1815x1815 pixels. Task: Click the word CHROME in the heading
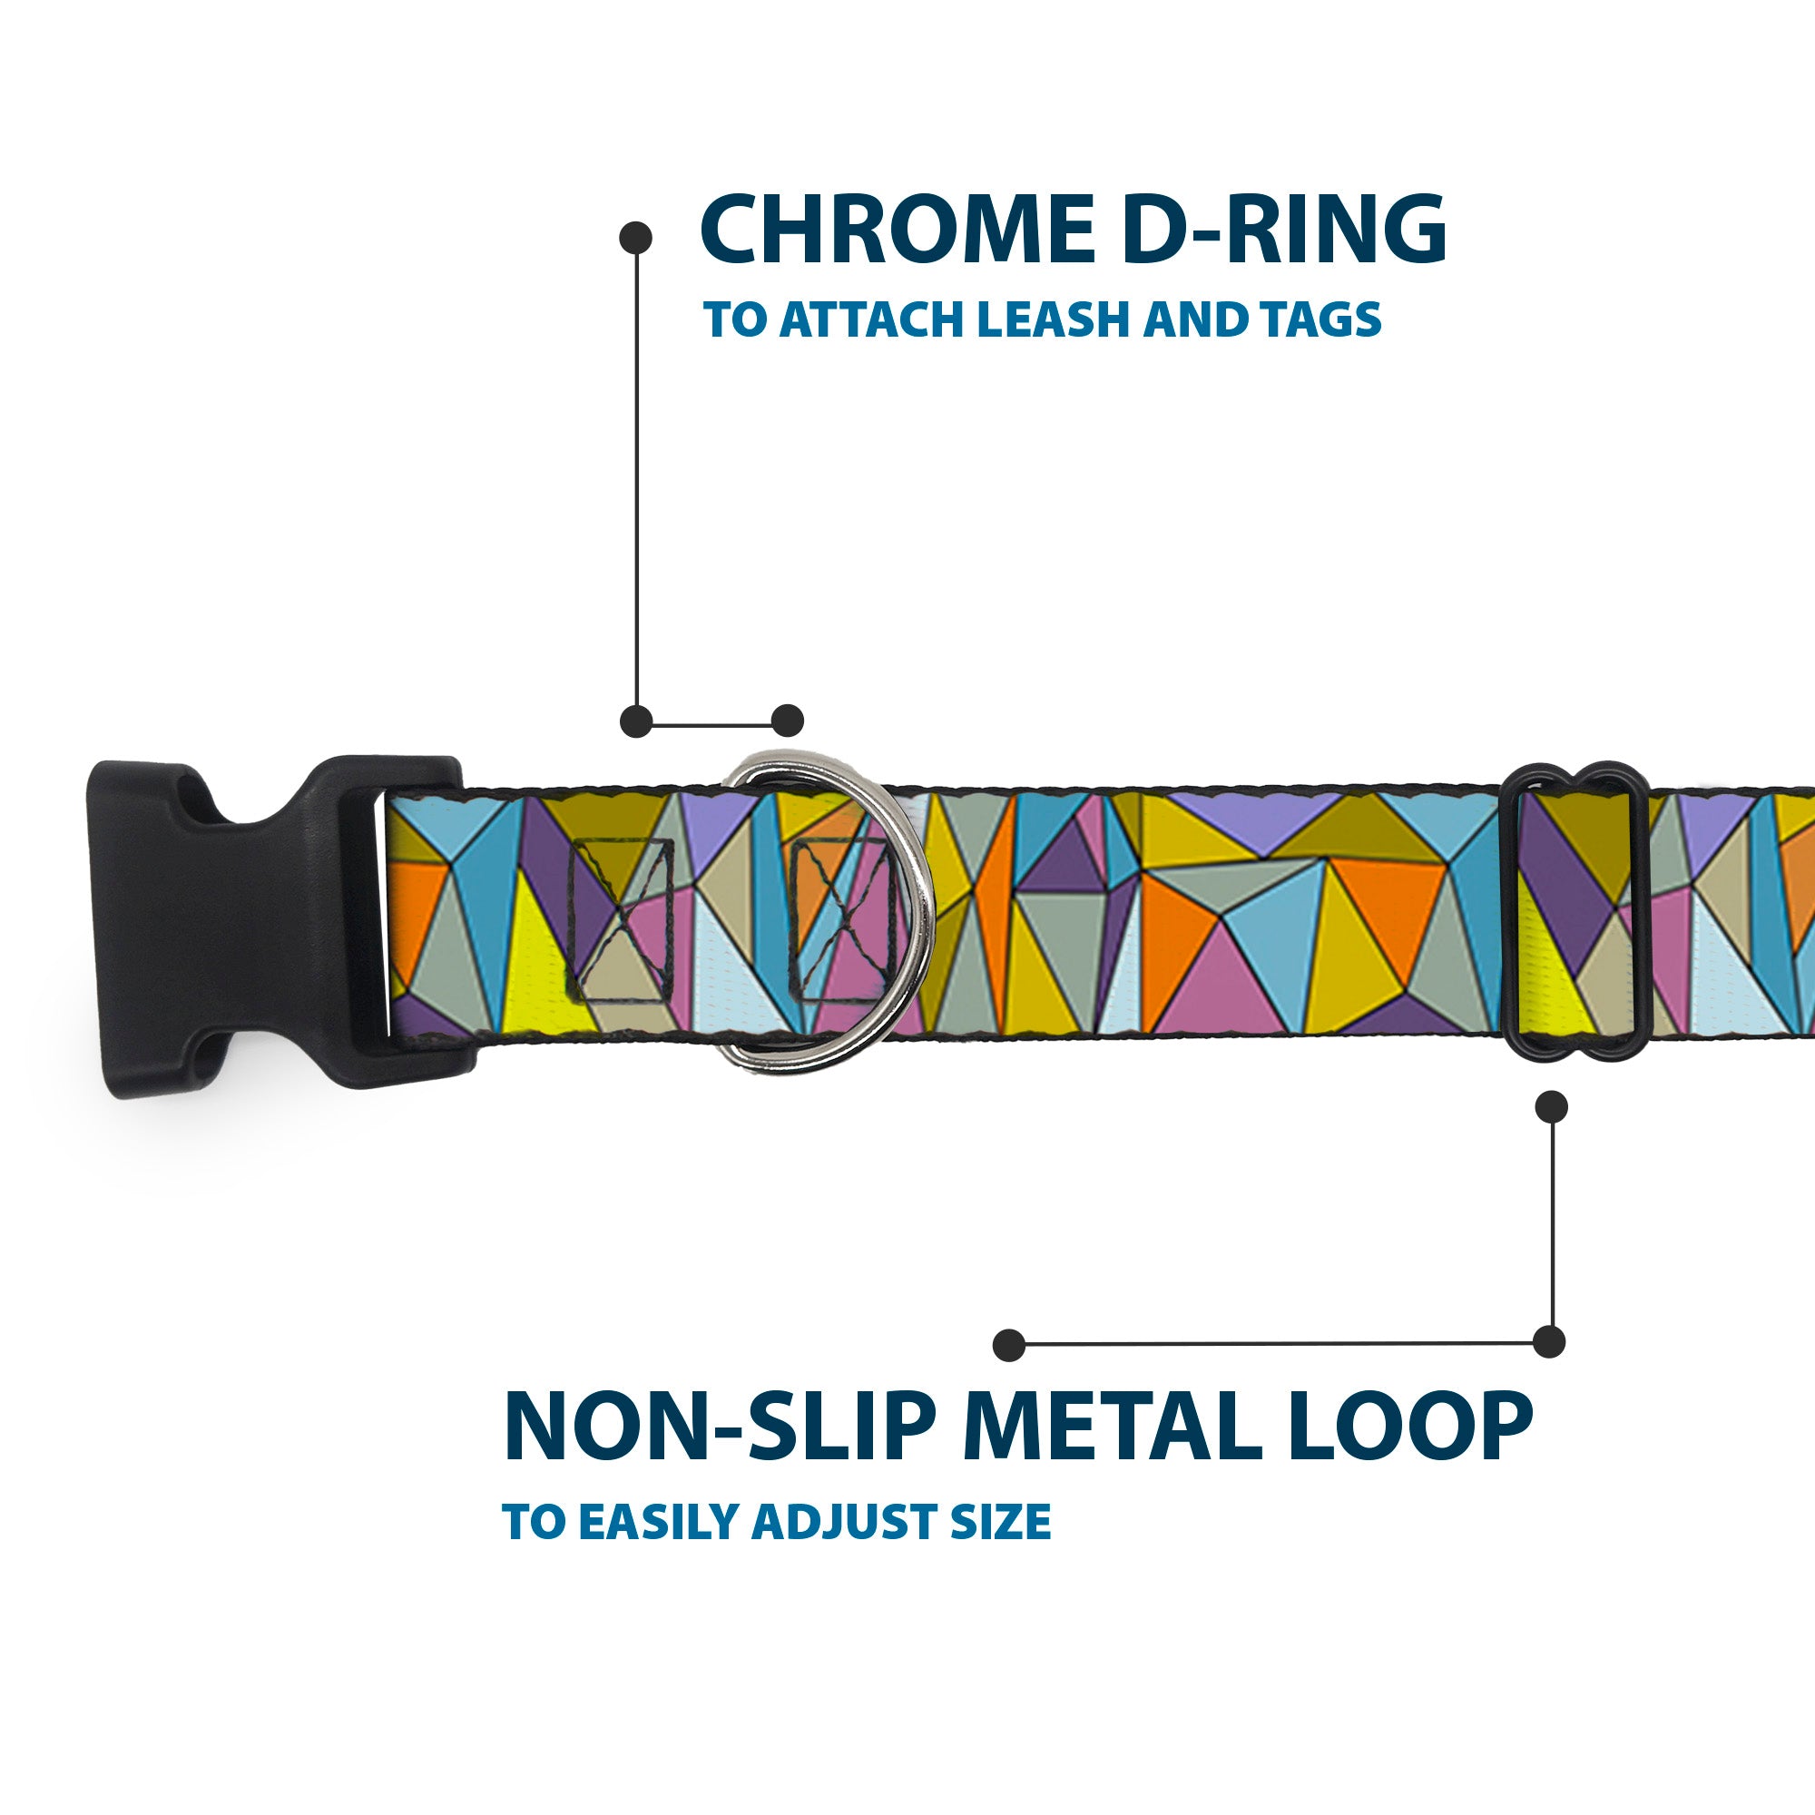(896, 231)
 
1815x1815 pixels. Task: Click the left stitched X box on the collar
(621, 919)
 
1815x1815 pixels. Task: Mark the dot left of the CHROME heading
(636, 238)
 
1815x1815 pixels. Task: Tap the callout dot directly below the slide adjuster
(1551, 1106)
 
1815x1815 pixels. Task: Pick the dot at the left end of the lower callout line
(1009, 1345)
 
